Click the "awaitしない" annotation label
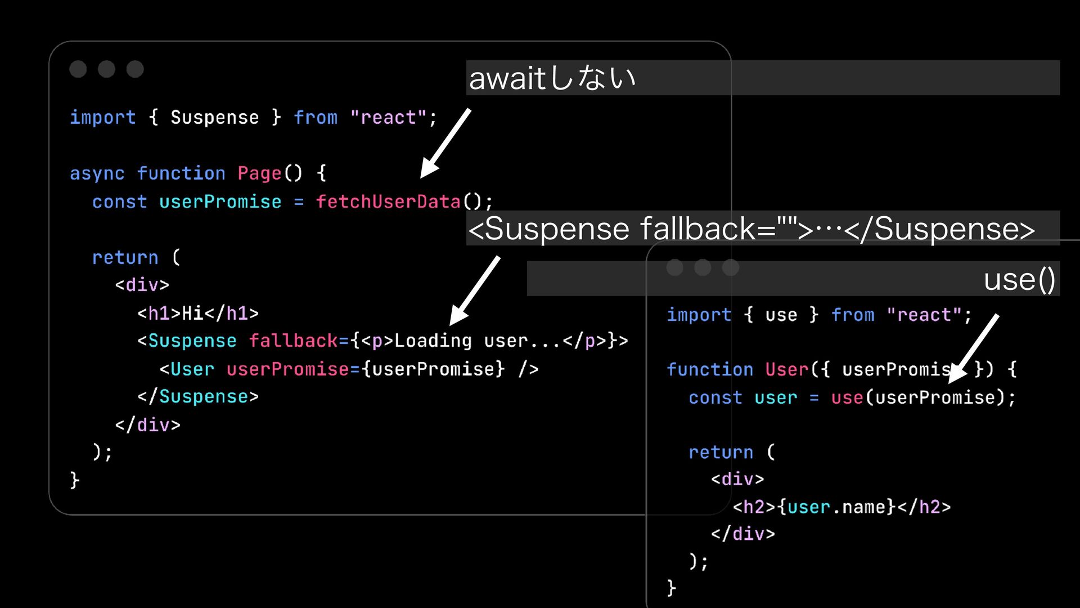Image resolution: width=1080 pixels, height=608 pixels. (552, 78)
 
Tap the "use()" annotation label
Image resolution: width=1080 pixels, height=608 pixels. (1019, 279)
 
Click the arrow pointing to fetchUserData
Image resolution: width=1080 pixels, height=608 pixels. (445, 144)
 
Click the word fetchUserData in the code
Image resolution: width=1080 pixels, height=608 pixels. (388, 202)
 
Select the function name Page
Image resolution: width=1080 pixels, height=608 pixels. (259, 173)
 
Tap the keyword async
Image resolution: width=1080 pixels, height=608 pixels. (97, 173)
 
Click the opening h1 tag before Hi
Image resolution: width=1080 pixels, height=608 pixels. (159, 313)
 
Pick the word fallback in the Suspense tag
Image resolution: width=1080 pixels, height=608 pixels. (293, 341)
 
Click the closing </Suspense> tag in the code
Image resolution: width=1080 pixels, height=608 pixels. (198, 397)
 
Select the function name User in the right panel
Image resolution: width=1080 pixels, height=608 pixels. (786, 370)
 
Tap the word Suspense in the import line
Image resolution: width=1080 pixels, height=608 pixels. (214, 118)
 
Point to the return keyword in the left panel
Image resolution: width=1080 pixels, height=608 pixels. (125, 258)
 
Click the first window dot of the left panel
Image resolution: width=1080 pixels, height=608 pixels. (78, 69)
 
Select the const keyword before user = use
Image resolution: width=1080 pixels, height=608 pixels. (715, 398)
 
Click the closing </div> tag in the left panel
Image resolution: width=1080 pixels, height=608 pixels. (147, 425)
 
